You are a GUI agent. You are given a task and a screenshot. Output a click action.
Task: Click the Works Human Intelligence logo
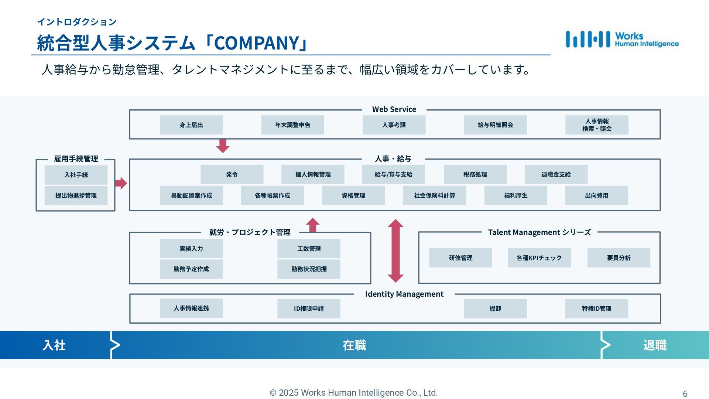click(622, 40)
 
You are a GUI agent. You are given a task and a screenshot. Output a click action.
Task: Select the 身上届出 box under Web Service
click(191, 125)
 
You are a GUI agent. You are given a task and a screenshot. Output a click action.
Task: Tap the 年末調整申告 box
click(292, 125)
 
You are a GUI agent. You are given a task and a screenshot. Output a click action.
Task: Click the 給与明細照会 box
click(495, 125)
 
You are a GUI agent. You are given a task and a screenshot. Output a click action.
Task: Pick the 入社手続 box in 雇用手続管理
click(76, 175)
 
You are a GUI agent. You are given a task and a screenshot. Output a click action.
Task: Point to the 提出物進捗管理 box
click(76, 195)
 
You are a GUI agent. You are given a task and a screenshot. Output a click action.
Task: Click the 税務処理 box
click(475, 174)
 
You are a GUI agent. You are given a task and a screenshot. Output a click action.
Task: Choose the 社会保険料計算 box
click(434, 195)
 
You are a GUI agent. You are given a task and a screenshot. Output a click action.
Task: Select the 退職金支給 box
click(556, 174)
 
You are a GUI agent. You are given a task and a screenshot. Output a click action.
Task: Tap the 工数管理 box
click(309, 249)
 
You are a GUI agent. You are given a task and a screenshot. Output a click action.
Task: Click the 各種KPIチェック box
click(539, 258)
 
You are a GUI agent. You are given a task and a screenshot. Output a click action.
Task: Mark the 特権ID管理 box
click(596, 308)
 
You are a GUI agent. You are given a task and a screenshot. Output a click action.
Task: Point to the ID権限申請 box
click(309, 308)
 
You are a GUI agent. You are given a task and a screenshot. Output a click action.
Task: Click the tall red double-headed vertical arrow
click(395, 251)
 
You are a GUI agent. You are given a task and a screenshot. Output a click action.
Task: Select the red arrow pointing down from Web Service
click(223, 146)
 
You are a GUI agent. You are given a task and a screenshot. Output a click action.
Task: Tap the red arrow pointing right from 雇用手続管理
click(121, 183)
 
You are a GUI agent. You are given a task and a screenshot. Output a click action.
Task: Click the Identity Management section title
click(404, 294)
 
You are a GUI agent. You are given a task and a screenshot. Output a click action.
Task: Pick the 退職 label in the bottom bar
click(655, 345)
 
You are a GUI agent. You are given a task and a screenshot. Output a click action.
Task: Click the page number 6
click(685, 394)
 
